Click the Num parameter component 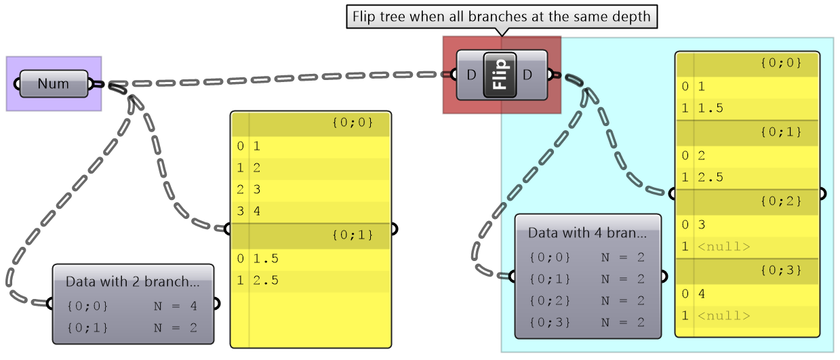click(54, 84)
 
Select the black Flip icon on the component click(500, 74)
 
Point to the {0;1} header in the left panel click(353, 235)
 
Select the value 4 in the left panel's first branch click(257, 211)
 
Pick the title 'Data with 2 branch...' click(133, 281)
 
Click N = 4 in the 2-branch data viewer click(175, 306)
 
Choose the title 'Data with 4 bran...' click(587, 233)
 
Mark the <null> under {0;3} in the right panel click(723, 315)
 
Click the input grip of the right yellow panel click(672, 194)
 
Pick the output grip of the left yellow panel click(394, 228)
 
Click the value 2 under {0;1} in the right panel click(702, 155)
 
